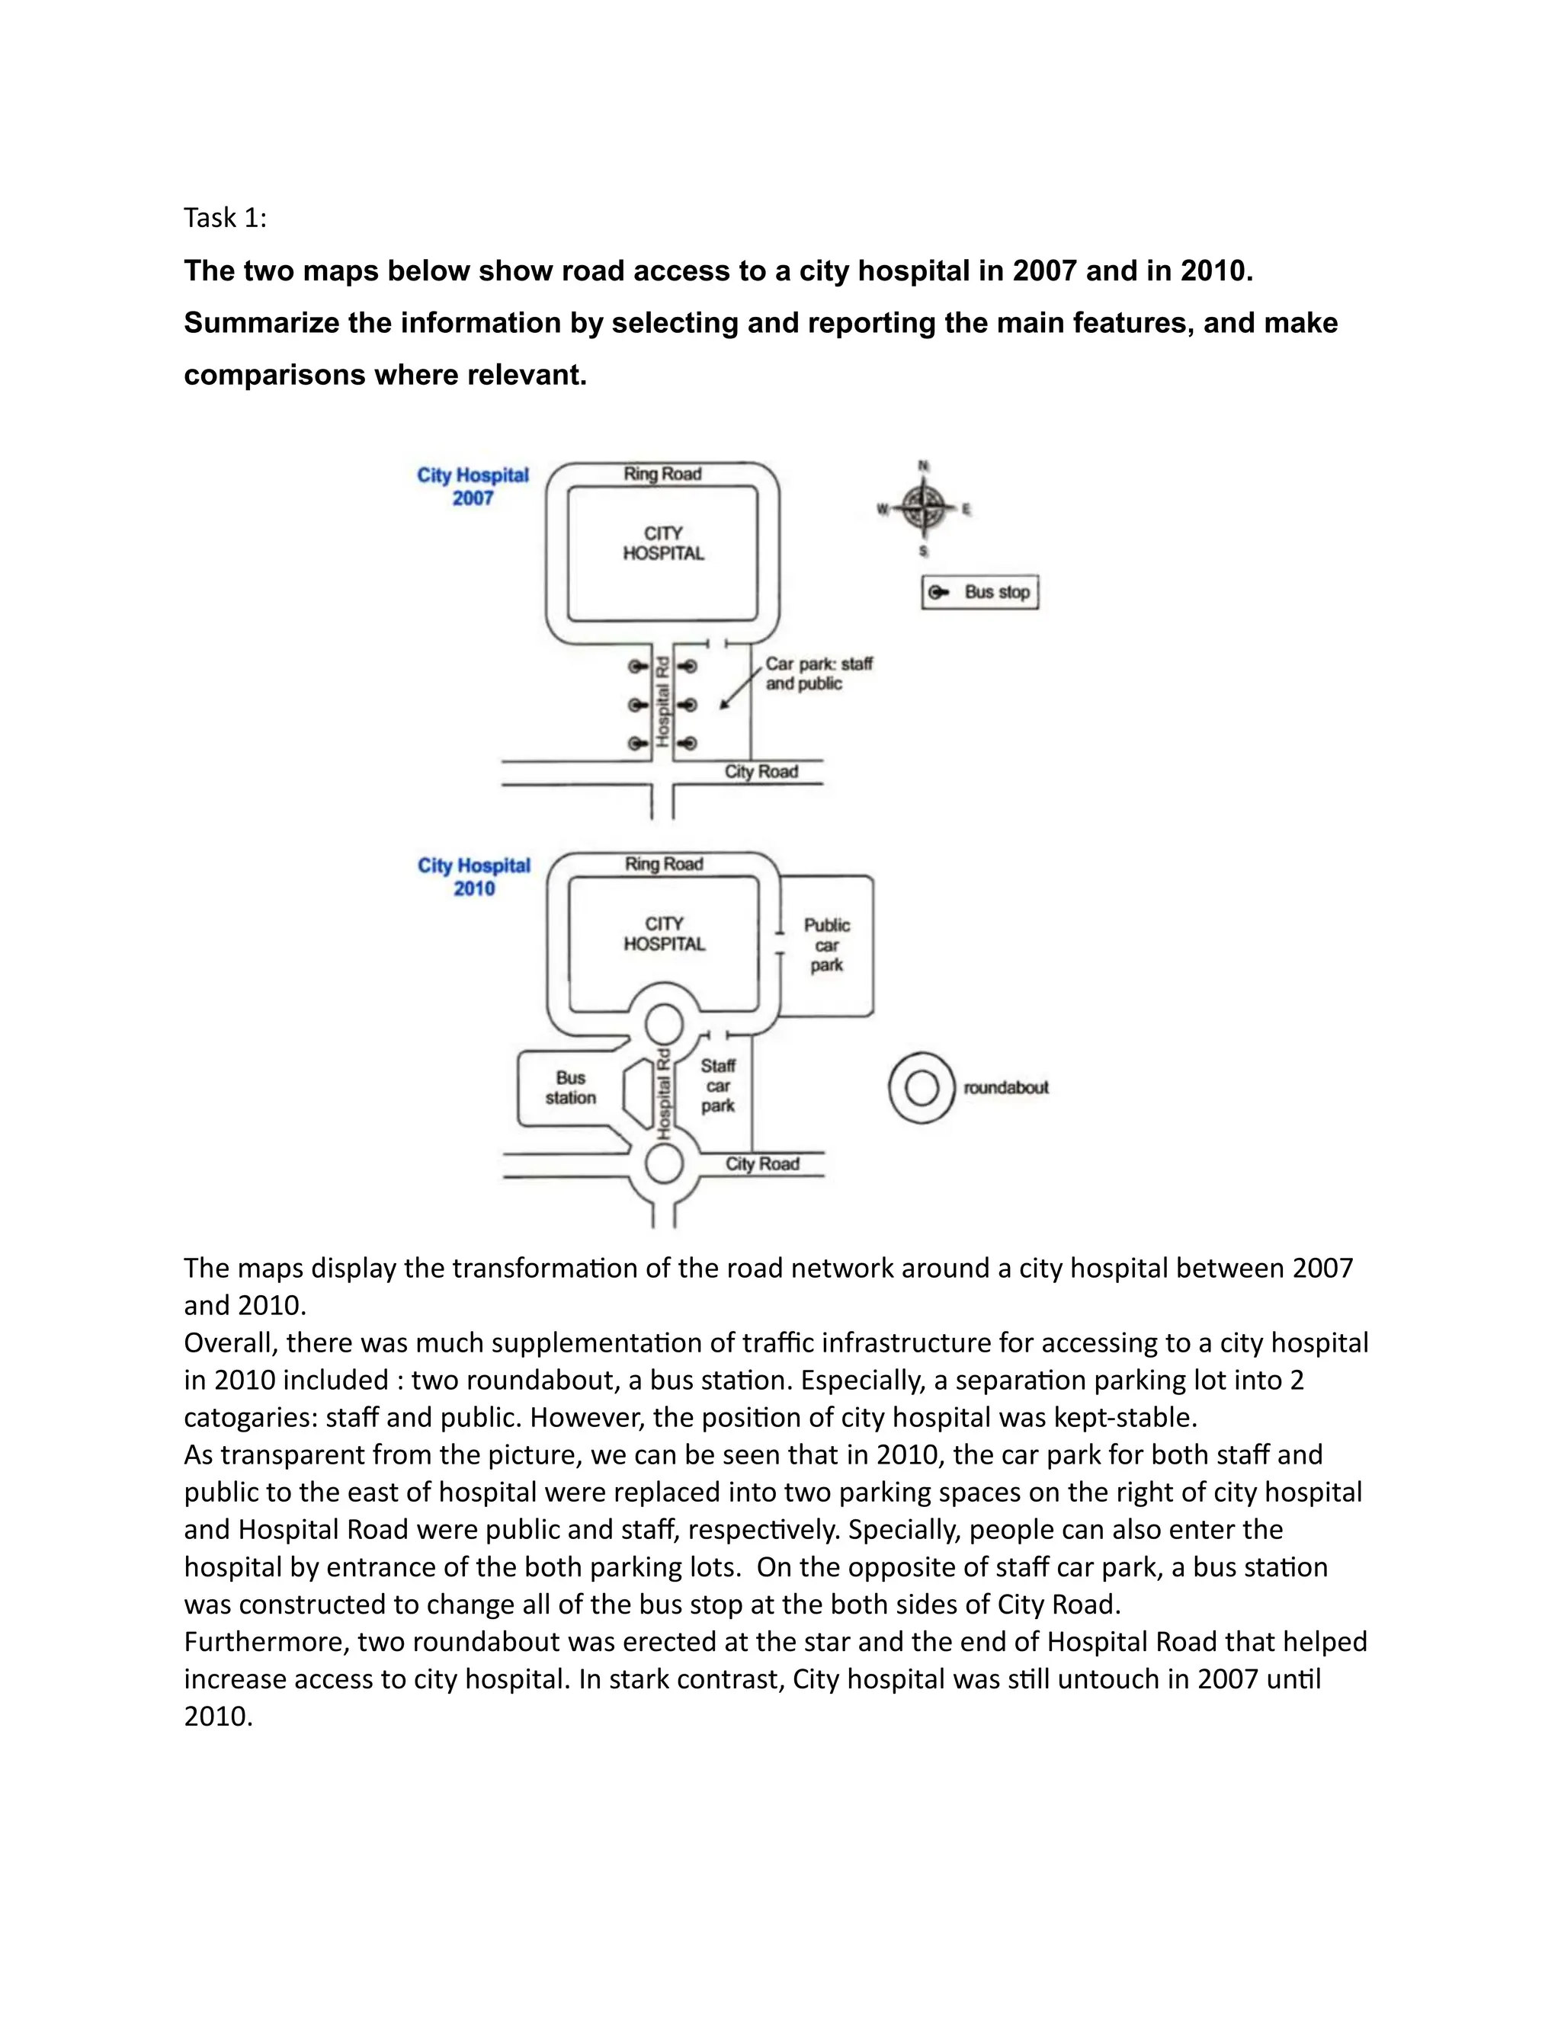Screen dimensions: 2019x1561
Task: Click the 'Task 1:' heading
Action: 225,218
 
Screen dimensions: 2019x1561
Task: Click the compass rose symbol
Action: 923,507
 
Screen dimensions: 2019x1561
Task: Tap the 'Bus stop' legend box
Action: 980,593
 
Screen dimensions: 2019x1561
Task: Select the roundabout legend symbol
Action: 921,1087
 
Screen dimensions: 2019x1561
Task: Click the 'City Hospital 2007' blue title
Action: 473,486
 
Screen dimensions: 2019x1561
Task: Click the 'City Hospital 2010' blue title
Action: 473,876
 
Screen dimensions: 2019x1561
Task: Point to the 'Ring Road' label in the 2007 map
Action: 662,474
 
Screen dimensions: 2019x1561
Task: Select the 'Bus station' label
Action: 571,1088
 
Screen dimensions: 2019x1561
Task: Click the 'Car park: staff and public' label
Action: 818,674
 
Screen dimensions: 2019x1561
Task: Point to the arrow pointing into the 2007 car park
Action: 740,690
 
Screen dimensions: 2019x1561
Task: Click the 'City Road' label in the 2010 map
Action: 762,1164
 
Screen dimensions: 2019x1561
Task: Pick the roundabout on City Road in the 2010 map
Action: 664,1165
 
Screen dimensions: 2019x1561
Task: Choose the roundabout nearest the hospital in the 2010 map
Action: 664,1024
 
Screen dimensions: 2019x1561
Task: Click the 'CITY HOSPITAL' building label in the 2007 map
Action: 663,543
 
